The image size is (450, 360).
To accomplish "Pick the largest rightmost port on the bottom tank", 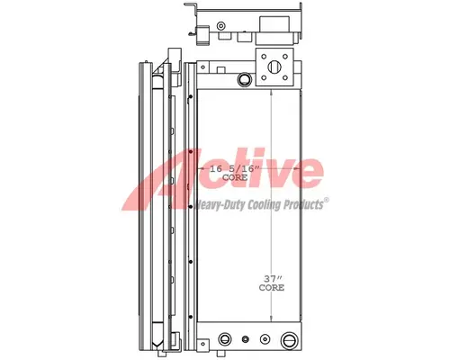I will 289,341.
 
